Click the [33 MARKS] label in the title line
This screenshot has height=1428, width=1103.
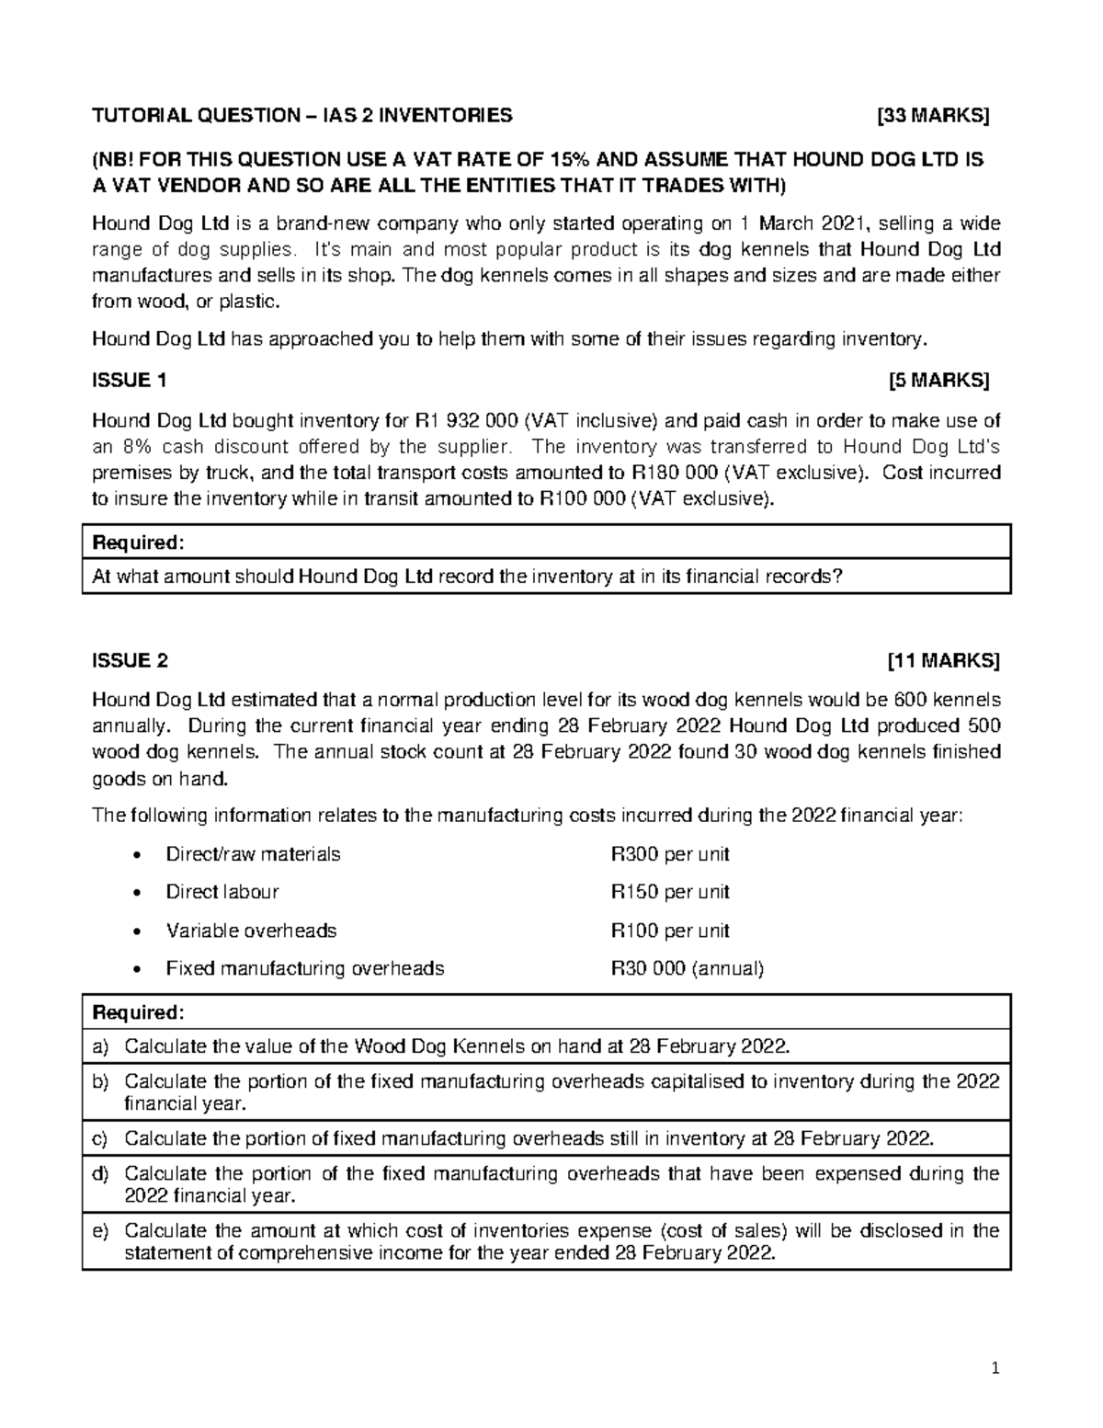coord(933,115)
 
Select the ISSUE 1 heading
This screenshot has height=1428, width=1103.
coord(130,380)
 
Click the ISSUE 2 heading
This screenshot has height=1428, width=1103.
coord(131,660)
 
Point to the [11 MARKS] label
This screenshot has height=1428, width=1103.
coord(943,660)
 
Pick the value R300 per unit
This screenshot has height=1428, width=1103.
coord(670,854)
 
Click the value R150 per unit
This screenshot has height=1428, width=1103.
coord(670,892)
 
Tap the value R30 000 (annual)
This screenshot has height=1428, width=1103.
coord(688,968)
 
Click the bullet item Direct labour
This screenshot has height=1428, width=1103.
coord(222,892)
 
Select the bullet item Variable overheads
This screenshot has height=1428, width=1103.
coord(251,931)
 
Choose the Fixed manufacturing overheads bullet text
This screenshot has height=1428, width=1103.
coord(304,968)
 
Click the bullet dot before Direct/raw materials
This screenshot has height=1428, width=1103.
coord(137,855)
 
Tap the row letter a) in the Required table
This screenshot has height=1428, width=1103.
coord(100,1046)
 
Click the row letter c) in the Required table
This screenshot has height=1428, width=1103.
coord(100,1138)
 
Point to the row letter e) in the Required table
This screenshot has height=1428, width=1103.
coord(100,1230)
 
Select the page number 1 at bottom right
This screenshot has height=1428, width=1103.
coord(995,1368)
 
